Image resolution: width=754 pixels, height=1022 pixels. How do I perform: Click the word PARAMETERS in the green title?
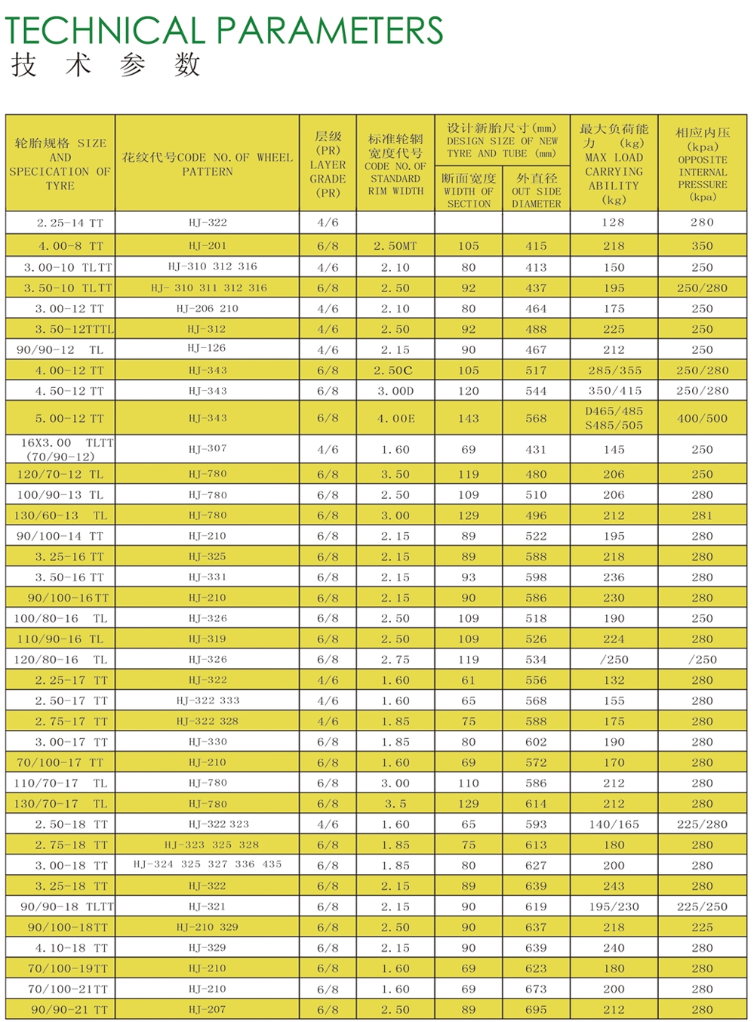point(331,30)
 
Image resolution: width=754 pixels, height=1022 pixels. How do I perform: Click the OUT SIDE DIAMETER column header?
point(536,191)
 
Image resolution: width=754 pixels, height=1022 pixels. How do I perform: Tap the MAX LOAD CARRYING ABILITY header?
point(614,165)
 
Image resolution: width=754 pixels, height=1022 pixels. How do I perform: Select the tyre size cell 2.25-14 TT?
point(69,223)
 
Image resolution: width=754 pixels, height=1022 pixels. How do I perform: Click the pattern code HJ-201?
point(208,245)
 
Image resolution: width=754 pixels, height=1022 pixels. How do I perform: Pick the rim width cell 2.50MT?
point(395,245)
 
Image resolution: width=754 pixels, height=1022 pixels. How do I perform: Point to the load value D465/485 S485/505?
point(614,418)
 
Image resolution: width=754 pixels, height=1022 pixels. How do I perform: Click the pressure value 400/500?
point(702,418)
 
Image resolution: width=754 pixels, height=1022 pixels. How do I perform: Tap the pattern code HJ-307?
point(208,448)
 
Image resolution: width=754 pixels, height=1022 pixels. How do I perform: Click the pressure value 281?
point(702,516)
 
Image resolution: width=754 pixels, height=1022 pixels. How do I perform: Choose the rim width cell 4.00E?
point(395,418)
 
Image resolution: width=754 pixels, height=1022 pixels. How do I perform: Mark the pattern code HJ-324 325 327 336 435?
point(208,864)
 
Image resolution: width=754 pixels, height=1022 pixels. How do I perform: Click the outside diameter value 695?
point(536,1009)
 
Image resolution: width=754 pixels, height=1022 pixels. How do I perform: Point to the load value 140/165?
point(614,824)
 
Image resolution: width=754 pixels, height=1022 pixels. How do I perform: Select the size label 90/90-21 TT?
point(69,1009)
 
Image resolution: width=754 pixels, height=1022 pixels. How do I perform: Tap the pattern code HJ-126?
point(208,348)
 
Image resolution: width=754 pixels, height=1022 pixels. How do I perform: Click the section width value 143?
point(468,418)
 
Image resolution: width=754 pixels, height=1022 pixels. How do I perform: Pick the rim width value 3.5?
point(395,804)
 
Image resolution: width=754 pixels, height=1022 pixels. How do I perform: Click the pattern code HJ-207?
point(208,1009)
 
